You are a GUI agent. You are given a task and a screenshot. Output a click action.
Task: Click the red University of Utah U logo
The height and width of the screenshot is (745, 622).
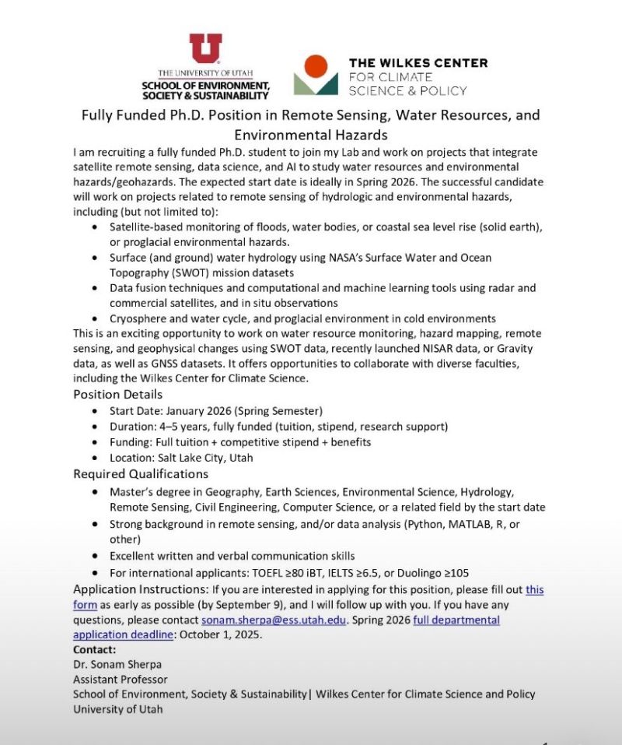tap(205, 48)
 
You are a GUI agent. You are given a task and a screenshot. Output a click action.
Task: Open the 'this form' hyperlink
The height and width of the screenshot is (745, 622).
tap(535, 590)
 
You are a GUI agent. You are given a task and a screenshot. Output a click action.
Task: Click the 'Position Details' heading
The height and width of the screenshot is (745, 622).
tap(118, 394)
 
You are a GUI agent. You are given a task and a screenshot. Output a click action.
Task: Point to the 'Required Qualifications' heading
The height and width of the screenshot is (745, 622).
tap(141, 473)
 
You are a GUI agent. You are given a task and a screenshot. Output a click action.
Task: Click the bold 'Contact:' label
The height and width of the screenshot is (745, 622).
tap(94, 649)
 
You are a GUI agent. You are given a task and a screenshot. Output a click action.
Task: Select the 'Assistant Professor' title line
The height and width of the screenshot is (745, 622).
tap(121, 679)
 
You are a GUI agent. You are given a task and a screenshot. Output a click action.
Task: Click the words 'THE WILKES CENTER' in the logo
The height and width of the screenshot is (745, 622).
tap(418, 63)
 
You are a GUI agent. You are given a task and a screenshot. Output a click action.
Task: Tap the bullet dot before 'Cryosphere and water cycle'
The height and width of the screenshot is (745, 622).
tap(95, 319)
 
